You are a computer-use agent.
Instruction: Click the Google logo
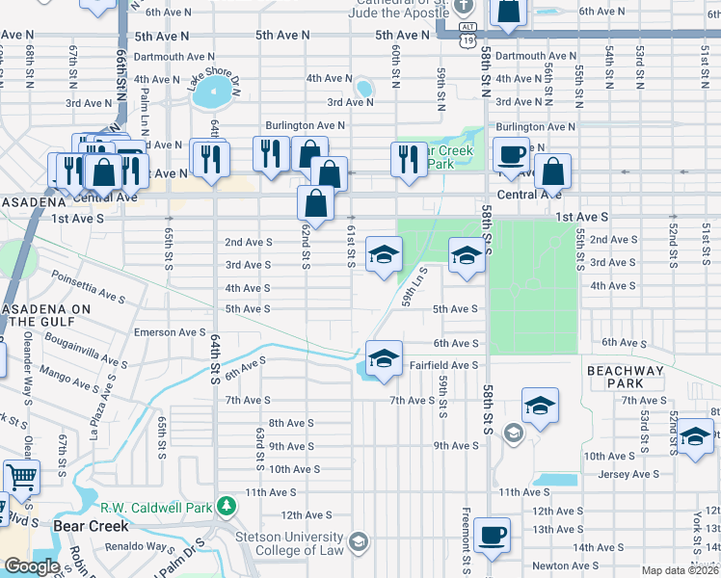tap(32, 567)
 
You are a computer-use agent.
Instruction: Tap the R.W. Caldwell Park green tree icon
tap(226, 505)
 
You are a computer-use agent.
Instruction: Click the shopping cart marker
tap(21, 477)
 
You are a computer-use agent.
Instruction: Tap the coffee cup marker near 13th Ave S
tap(493, 534)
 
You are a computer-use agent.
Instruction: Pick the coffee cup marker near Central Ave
tap(511, 154)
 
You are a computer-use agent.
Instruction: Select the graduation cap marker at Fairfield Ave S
tap(384, 359)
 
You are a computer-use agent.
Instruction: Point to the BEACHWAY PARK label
tap(625, 377)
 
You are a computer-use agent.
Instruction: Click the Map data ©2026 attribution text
tap(681, 570)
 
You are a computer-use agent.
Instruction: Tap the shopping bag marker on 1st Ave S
tap(316, 204)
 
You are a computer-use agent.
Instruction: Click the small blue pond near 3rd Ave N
tap(364, 89)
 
